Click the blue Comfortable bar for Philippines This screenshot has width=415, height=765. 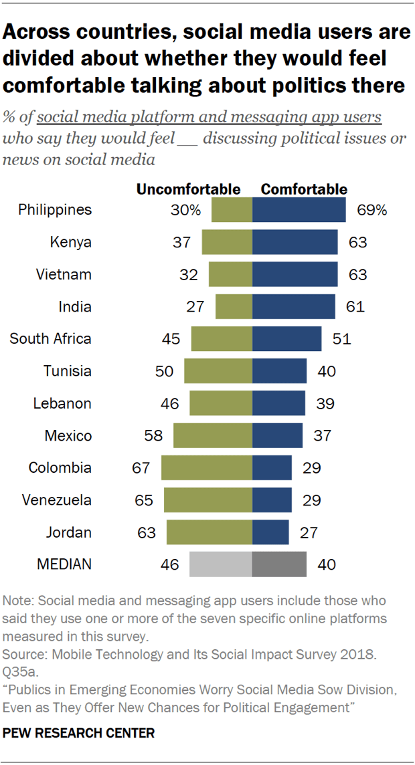click(299, 210)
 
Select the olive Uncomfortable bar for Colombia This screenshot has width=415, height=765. click(207, 468)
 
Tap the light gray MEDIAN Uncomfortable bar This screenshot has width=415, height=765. click(221, 564)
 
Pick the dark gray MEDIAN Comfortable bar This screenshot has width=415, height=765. click(279, 564)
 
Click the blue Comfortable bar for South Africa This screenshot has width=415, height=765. click(286, 339)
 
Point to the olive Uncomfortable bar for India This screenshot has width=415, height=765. click(234, 307)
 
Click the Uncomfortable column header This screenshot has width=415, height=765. click(188, 189)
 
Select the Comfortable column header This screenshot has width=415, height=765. click(304, 189)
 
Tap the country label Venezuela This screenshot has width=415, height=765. click(56, 500)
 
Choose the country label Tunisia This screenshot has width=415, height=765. click(68, 371)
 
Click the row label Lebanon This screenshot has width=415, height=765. click(62, 403)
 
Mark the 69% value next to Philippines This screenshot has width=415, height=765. click(371, 210)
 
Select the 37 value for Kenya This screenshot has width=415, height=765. click(181, 242)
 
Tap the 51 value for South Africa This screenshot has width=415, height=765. click(341, 339)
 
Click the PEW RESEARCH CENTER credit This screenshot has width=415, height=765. click(79, 733)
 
